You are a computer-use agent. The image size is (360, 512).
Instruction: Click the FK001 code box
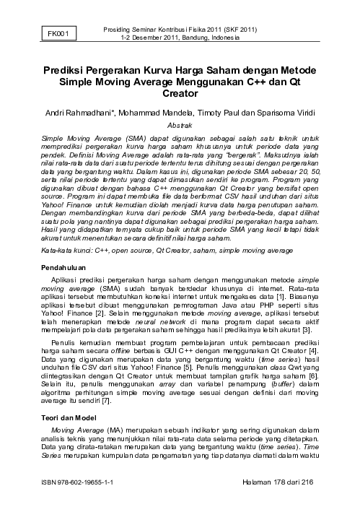58,32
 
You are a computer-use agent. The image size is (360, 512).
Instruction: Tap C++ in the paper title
254,82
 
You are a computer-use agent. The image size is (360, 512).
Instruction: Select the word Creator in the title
180,94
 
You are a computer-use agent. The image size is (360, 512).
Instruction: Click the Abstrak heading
180,124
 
